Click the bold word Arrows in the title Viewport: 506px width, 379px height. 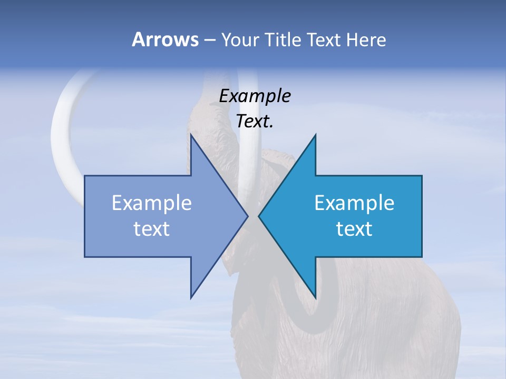[x=165, y=39]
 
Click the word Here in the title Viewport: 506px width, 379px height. [x=366, y=40]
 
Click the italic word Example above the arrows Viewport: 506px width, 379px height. [x=255, y=96]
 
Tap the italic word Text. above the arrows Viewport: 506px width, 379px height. [x=255, y=122]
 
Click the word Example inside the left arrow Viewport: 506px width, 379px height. [x=152, y=203]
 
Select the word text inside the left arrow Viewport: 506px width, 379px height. [x=152, y=229]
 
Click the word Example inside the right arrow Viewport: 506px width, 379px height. [x=354, y=203]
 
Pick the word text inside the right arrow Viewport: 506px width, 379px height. [x=354, y=229]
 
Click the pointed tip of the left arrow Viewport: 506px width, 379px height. [x=247, y=216]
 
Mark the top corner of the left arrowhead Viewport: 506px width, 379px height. [x=191, y=135]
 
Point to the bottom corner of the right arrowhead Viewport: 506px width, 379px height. [x=315, y=297]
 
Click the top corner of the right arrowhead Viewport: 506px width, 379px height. [x=315, y=135]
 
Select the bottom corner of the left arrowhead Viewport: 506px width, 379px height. [x=191, y=297]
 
